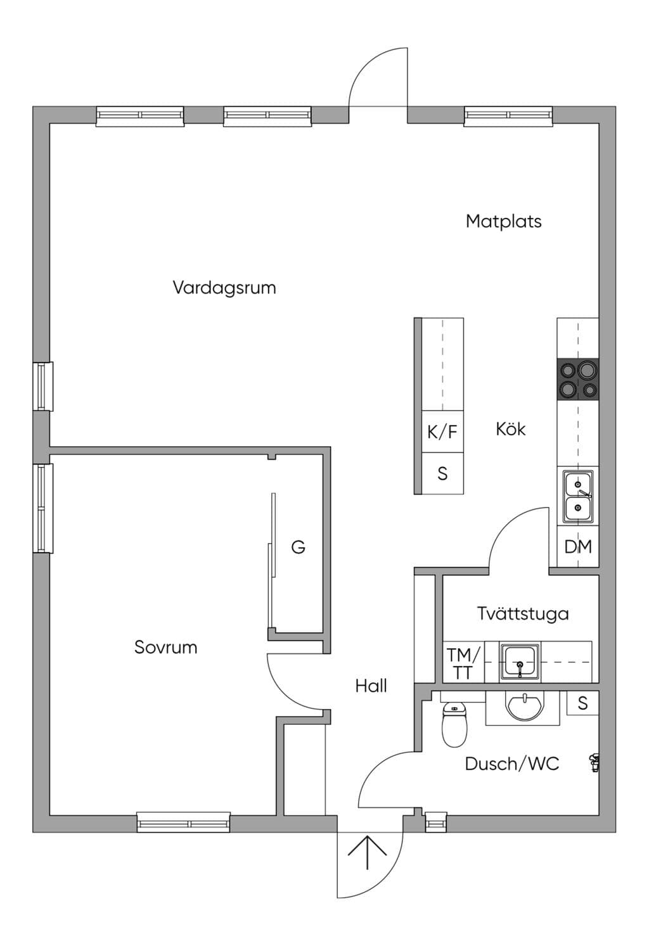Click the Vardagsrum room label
[224, 288]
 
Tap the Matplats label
[504, 221]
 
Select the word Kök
[510, 429]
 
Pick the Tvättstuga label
[523, 613]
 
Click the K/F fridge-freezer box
[442, 431]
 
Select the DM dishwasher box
[578, 546]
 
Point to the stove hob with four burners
[578, 379]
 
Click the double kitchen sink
[578, 496]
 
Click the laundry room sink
[520, 662]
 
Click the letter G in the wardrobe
[299, 547]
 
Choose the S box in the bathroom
[582, 703]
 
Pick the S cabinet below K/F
[442, 473]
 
